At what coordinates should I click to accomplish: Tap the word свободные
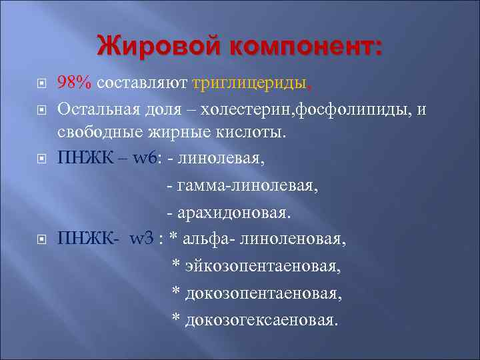99,133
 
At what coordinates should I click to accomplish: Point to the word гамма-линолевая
247,186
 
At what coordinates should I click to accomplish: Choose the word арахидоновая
233,212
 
